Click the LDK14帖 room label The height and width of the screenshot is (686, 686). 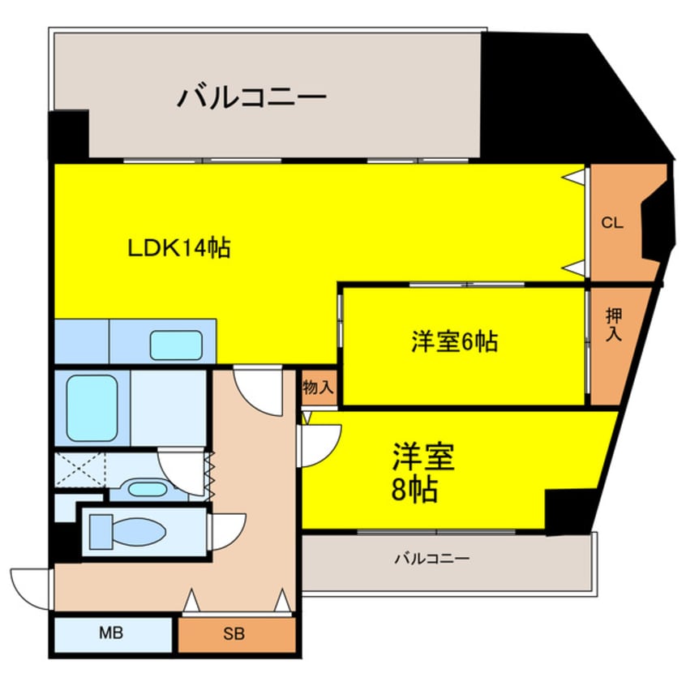(179, 247)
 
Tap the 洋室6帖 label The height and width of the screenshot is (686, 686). (454, 342)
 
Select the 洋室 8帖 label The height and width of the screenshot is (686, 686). (422, 473)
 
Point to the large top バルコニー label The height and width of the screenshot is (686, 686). (252, 99)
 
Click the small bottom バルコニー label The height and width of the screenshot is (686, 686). (432, 559)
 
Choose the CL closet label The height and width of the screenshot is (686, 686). (612, 224)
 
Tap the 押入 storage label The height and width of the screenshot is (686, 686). (614, 322)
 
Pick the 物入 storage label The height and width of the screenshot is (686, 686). (318, 388)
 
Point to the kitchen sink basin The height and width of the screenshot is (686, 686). (176, 345)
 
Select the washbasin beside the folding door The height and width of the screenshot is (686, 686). (147, 489)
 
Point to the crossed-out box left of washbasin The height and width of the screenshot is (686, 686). (79, 470)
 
